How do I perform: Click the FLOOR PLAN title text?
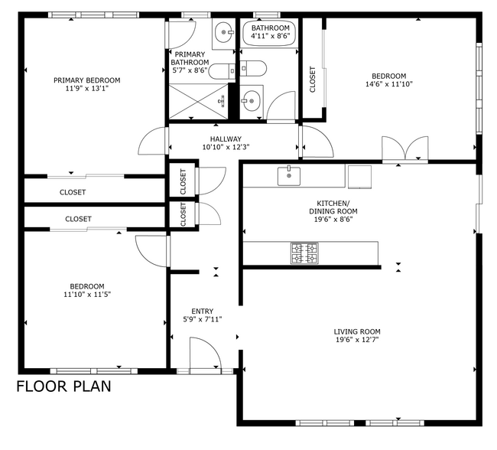(x=63, y=386)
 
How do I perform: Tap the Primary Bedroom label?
(x=86, y=80)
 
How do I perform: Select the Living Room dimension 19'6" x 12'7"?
(x=356, y=341)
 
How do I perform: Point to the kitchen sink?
(x=289, y=176)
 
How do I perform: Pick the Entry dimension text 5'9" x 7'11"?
(x=203, y=320)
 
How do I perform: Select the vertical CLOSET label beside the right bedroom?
(x=313, y=80)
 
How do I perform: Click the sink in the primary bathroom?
(x=223, y=31)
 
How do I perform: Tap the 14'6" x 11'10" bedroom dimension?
(x=388, y=85)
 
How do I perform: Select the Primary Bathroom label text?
(x=190, y=58)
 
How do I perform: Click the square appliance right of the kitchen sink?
(x=359, y=177)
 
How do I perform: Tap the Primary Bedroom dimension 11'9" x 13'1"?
(x=86, y=89)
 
